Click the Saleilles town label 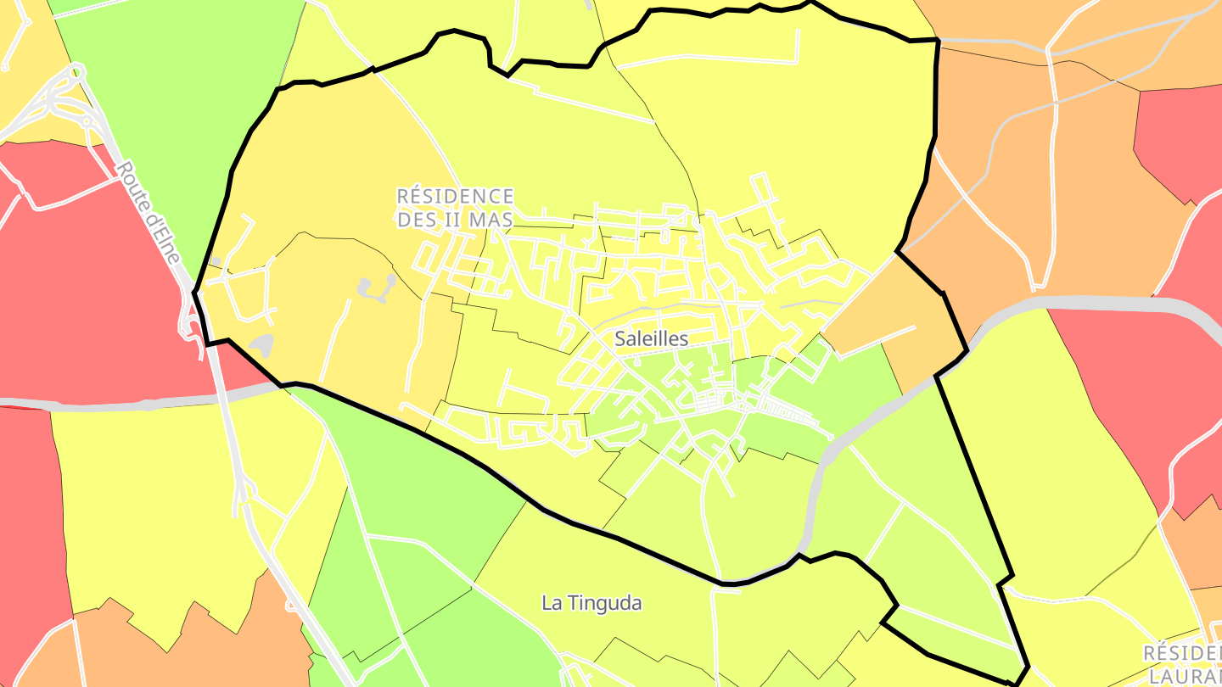(x=651, y=338)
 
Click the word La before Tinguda (x=552, y=603)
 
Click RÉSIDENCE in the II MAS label (x=455, y=197)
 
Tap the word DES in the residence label (x=415, y=220)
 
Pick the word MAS (x=491, y=220)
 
